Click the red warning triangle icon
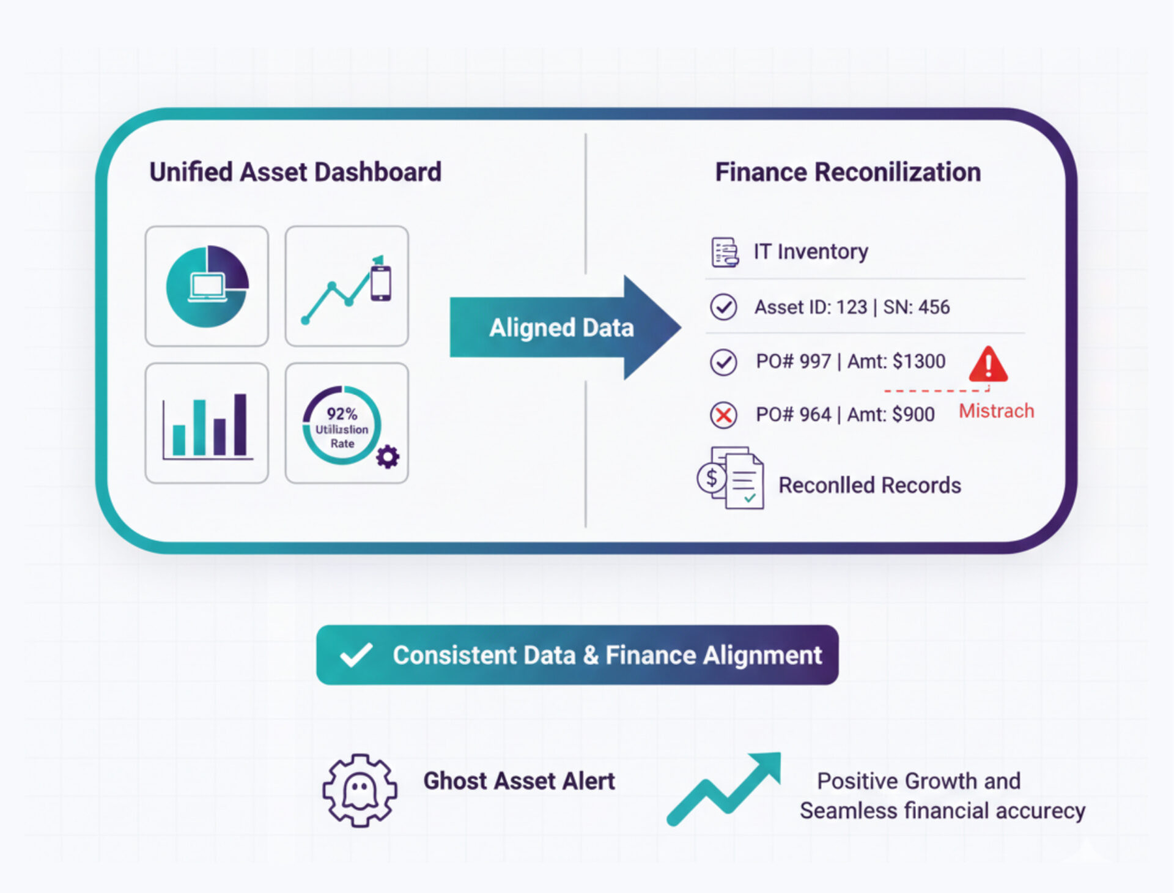click(x=988, y=365)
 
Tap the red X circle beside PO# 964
click(x=723, y=415)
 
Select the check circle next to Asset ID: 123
click(x=723, y=307)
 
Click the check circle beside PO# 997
click(x=723, y=361)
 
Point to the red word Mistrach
click(x=996, y=411)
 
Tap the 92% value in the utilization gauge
click(x=342, y=414)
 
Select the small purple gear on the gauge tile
click(x=388, y=456)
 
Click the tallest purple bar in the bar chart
click(x=240, y=424)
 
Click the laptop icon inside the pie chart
click(x=207, y=287)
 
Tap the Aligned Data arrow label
click(x=561, y=328)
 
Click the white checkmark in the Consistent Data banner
click(x=356, y=655)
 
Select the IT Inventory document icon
click(x=725, y=252)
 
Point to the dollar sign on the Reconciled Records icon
click(x=711, y=478)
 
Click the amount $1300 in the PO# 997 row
click(x=918, y=361)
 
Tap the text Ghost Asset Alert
click(x=519, y=781)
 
